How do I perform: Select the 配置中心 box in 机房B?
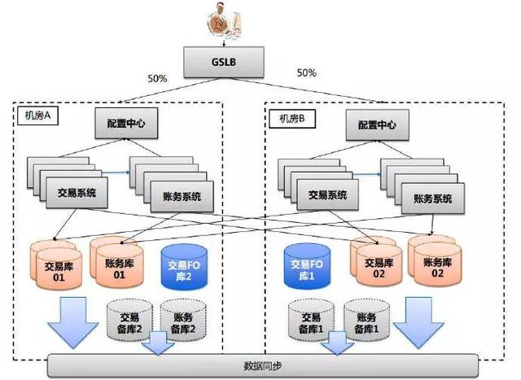point(377,125)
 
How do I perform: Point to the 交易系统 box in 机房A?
point(77,194)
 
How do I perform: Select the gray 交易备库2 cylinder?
point(129,322)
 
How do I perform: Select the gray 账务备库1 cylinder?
point(364,322)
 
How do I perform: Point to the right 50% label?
point(307,74)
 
